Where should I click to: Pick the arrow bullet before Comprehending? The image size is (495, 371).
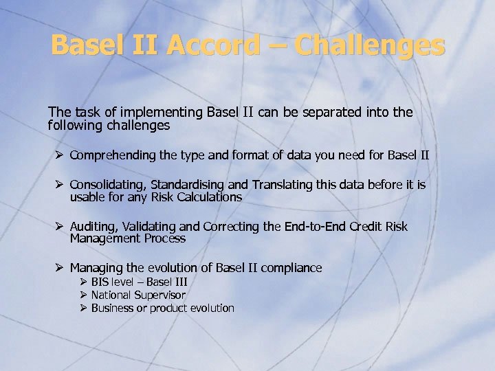pos(60,155)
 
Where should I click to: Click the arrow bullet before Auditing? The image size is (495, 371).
pos(60,227)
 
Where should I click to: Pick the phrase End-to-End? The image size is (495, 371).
pos(305,227)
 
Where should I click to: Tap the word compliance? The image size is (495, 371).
pos(293,268)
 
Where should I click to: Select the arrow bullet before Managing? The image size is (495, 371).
pos(60,268)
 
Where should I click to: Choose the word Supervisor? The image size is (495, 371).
pos(159,295)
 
